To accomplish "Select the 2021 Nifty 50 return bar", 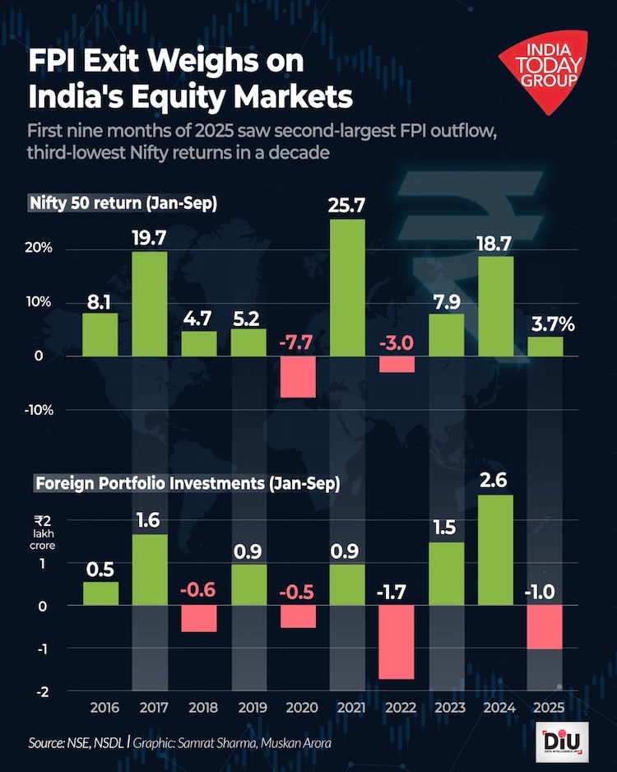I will tap(347, 287).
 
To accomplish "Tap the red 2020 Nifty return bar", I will tap(298, 376).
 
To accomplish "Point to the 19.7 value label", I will tap(150, 239).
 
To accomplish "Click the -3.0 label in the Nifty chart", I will tap(396, 342).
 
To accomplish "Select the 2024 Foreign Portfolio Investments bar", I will tap(495, 550).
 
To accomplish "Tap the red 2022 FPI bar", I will tap(397, 642).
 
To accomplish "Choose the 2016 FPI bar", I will tap(100, 593).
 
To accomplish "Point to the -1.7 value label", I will tap(396, 589).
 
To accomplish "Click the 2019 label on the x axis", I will tap(249, 708).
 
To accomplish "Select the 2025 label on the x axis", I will tap(545, 708).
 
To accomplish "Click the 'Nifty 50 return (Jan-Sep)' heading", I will tap(123, 203).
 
